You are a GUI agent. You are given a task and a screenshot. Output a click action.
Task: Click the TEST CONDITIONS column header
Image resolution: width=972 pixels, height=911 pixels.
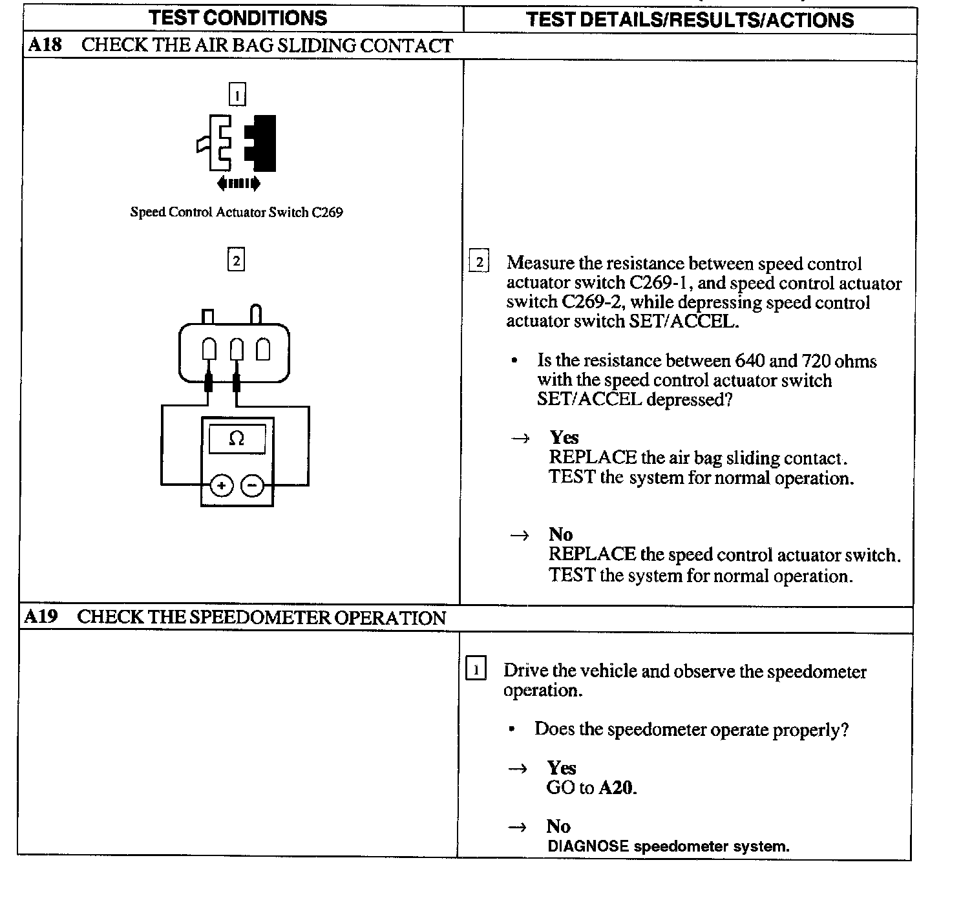coord(238,18)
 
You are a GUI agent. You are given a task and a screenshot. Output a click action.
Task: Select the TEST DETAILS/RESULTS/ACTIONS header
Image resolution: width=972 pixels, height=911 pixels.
coord(690,19)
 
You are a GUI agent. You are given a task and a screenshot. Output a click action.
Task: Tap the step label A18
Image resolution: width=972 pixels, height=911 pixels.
coord(45,45)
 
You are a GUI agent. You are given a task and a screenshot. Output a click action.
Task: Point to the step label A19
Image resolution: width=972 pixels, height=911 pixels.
coord(41,617)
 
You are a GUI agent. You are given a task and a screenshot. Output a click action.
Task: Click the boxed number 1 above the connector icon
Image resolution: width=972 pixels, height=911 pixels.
coord(237,95)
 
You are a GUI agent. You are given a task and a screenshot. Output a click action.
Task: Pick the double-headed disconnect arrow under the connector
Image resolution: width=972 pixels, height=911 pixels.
coord(238,183)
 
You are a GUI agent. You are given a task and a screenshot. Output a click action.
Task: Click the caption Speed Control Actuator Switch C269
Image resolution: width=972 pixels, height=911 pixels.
coord(237,212)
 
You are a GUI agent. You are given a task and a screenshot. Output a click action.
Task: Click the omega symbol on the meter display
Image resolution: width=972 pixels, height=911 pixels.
coord(237,439)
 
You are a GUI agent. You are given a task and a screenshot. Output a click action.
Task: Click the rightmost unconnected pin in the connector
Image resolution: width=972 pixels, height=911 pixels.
coord(263,350)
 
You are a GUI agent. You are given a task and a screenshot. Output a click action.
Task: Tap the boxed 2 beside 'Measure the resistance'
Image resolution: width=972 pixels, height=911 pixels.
coord(479,262)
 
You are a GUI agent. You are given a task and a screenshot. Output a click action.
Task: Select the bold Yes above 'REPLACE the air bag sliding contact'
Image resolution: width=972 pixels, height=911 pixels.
coord(564,437)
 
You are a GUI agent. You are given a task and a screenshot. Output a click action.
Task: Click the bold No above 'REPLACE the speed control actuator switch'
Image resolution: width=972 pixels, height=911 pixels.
coord(560,534)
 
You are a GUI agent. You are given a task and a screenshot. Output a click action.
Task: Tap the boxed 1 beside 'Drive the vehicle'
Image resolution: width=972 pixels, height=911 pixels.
coord(476,669)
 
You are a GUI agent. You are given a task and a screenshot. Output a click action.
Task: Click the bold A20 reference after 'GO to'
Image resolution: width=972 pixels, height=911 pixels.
coord(617,788)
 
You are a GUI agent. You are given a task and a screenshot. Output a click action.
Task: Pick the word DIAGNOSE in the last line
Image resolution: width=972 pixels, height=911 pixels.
coord(587,846)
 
